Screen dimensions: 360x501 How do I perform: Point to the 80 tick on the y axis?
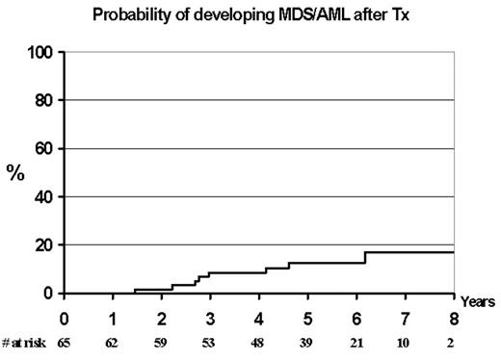(x=44, y=100)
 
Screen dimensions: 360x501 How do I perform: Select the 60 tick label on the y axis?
(x=44, y=148)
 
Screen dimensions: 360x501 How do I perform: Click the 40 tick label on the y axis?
(x=44, y=196)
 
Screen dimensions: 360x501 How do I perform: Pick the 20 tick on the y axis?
(x=44, y=244)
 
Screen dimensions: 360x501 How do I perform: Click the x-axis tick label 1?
(x=113, y=319)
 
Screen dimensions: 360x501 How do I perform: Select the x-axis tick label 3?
(x=210, y=319)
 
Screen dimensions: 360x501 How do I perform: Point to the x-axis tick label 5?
(x=307, y=319)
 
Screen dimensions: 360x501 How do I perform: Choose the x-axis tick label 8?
(x=453, y=319)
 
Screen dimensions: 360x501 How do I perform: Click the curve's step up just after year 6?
(x=365, y=257)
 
